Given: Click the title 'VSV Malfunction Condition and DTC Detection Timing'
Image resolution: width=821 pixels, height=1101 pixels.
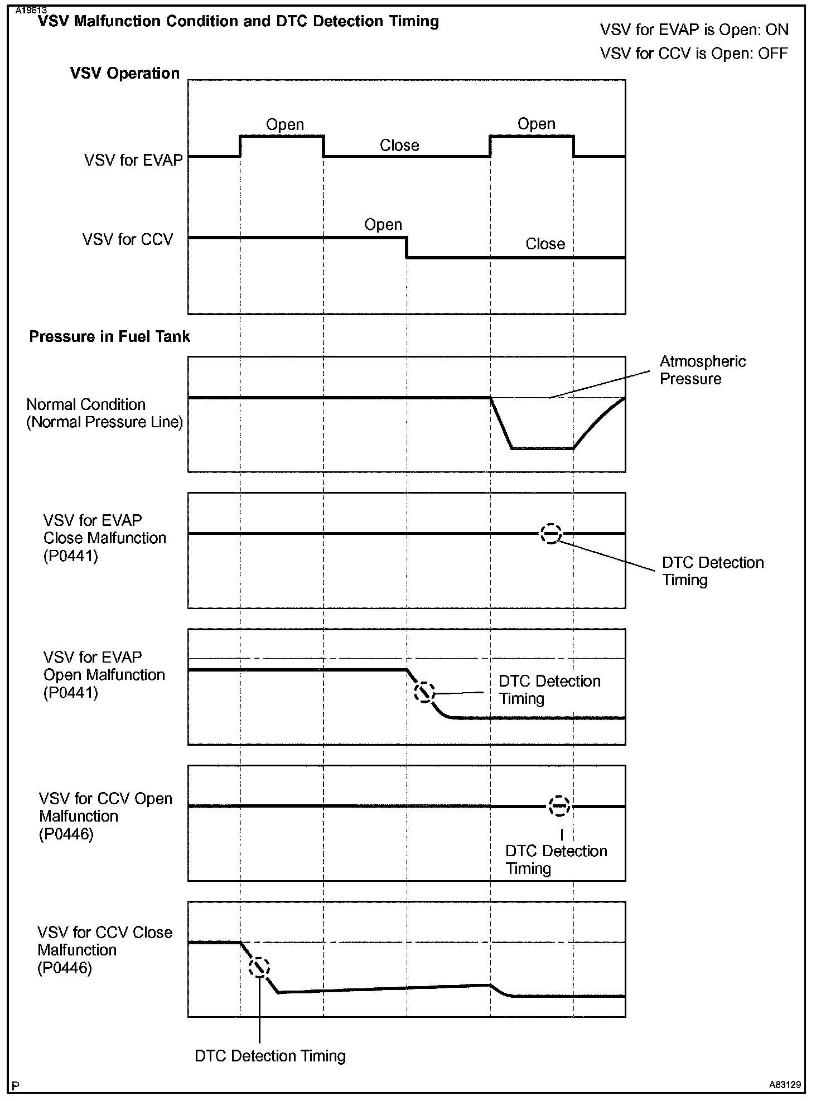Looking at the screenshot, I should point(238,22).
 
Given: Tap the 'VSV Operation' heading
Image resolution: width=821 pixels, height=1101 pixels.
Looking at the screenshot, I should point(125,74).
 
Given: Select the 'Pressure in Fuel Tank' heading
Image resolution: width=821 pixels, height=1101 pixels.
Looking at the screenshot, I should point(109,337).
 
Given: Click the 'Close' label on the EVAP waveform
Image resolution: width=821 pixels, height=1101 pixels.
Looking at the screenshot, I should point(399,146).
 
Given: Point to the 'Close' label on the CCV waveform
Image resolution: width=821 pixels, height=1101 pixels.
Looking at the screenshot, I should point(545,244).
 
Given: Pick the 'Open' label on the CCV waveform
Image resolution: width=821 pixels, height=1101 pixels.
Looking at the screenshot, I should point(383,225).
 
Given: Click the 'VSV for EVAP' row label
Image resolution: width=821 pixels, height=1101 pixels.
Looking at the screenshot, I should point(133,161).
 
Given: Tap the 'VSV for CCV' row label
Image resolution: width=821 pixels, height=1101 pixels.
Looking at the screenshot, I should point(128,240).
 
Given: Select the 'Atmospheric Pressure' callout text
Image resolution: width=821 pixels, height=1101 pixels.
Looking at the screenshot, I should point(702,370).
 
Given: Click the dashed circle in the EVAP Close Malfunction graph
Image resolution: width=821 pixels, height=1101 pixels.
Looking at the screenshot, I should point(550,534).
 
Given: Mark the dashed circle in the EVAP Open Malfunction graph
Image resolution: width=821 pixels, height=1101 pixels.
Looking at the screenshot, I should point(424,692).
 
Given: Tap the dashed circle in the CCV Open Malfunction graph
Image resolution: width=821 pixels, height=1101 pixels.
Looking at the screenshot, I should point(559,807).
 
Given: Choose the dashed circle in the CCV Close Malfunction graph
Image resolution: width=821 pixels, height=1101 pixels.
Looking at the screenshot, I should point(259,968).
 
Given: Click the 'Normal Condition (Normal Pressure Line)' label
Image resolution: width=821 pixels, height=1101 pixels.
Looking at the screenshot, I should point(104,413).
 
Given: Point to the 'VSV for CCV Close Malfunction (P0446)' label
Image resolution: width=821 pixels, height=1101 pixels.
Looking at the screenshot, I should point(105,950).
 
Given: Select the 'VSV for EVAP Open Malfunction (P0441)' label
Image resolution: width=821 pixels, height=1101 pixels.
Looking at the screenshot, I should point(104,675).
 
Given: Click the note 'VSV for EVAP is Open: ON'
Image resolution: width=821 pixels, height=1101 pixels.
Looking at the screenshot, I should point(694,30).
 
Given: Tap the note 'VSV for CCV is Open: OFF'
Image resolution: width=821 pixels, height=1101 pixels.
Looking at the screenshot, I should point(694,54).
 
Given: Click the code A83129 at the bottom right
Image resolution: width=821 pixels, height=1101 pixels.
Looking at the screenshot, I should point(784,1085).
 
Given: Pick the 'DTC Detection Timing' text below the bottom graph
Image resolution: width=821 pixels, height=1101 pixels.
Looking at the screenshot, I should point(270,1056).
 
